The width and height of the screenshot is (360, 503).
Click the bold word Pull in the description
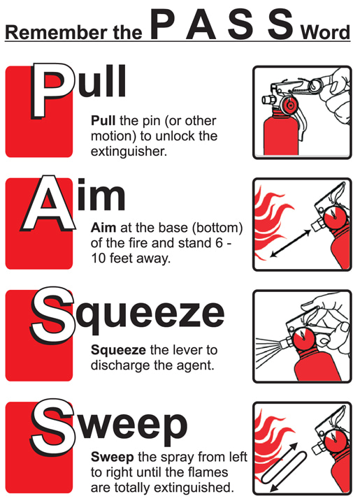[103, 120]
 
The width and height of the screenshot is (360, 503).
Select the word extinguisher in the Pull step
[129, 151]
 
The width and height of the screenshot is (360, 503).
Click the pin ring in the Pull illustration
[315, 87]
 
